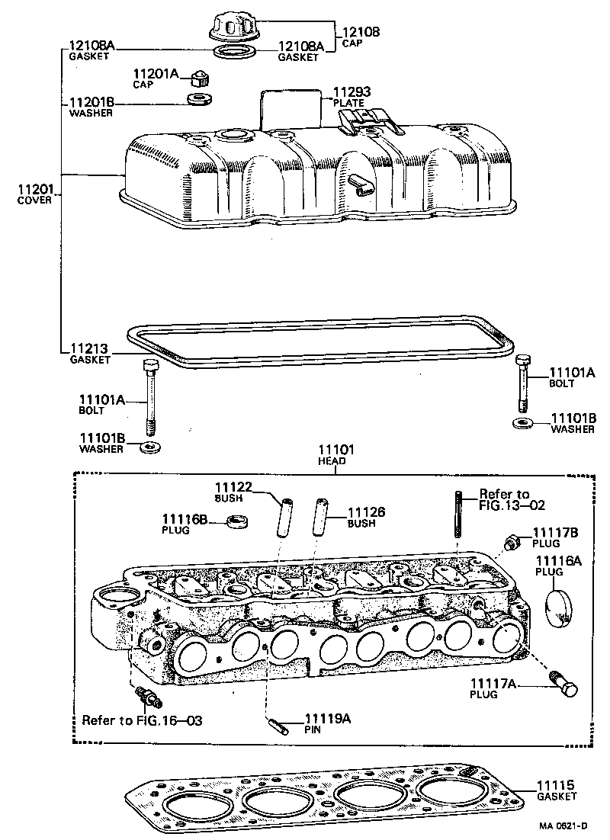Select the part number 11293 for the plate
(x=348, y=92)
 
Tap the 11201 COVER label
(x=34, y=194)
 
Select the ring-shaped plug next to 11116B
(x=240, y=523)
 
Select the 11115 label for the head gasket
(x=559, y=786)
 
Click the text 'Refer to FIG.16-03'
(x=142, y=720)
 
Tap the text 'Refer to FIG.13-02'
(x=512, y=499)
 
